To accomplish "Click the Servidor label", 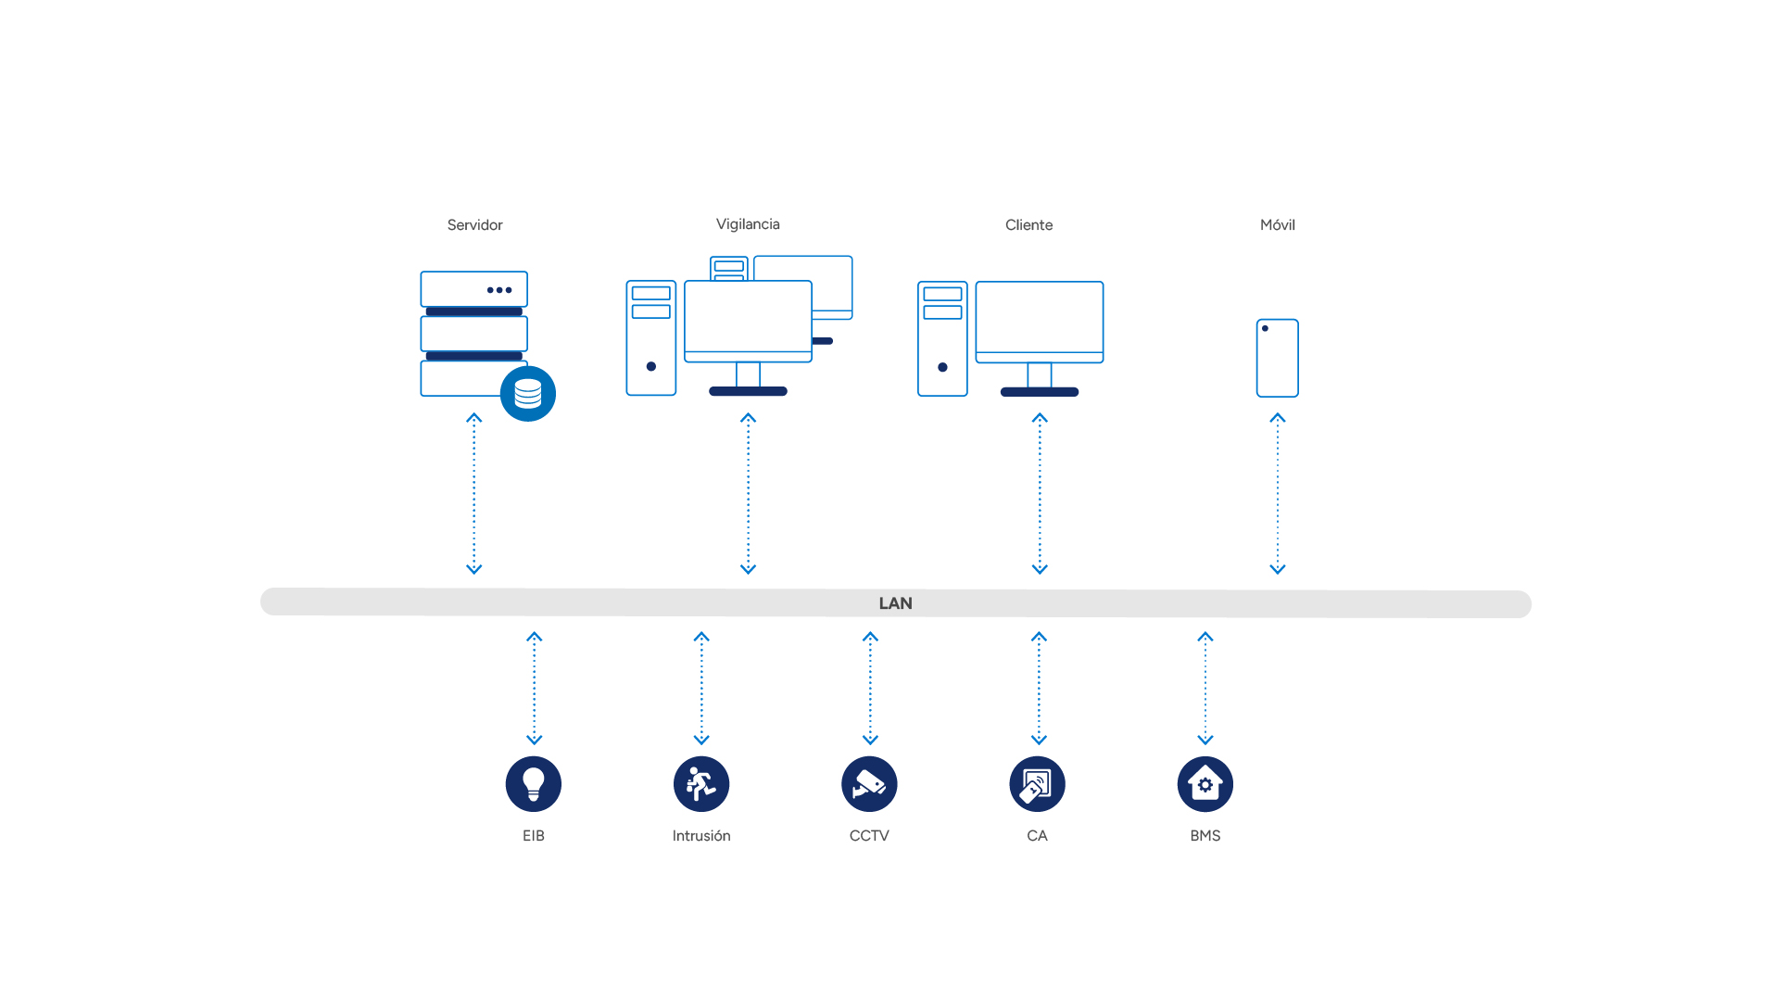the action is [474, 225].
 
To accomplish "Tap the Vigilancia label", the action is [748, 224].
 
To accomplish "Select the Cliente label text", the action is [1028, 225].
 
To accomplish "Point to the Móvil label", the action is [1277, 225].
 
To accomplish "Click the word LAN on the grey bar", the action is [895, 603].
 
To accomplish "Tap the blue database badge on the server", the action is [528, 394].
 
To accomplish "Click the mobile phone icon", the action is [1277, 358].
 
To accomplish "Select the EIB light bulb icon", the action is [534, 784].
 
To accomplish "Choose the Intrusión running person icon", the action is [701, 784].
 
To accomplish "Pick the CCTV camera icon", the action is [869, 784].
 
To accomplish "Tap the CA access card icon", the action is [1037, 784].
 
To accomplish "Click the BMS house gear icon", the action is [1205, 784].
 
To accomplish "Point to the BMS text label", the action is [1205, 836].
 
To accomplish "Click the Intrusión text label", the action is [701, 836].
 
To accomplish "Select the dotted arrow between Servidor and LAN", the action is [474, 494].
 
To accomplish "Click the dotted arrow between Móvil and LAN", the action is [1278, 494].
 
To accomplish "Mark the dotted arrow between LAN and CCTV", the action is [870, 689].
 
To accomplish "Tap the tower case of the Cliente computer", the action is [942, 339].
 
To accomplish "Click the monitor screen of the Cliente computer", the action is [1040, 317].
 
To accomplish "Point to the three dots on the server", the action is [499, 290].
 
